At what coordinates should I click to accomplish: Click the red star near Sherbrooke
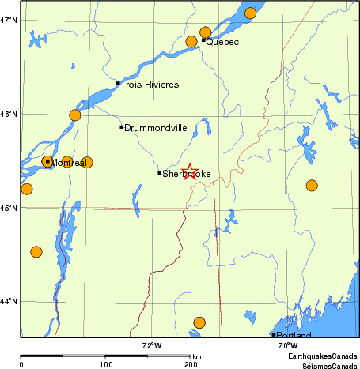pos(191,171)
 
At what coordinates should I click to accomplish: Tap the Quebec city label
pos(222,42)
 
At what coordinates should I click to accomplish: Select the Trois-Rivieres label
pos(150,84)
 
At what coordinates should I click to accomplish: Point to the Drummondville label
pos(155,127)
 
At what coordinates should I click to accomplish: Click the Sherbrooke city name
pos(187,173)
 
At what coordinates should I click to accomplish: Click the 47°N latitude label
pos(9,20)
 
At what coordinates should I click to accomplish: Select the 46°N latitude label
pos(9,115)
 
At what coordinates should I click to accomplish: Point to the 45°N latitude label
pos(9,208)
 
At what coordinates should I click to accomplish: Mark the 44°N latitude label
pos(9,301)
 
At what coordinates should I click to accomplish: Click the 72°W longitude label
pos(152,345)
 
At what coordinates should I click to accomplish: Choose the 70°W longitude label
pos(287,345)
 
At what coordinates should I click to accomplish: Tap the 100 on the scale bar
pos(105,364)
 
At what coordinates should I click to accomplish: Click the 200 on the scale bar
pos(191,364)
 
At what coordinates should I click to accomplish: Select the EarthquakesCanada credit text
pos(322,357)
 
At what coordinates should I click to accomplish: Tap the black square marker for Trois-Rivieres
pos(118,83)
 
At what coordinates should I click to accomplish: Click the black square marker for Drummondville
pos(121,126)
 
